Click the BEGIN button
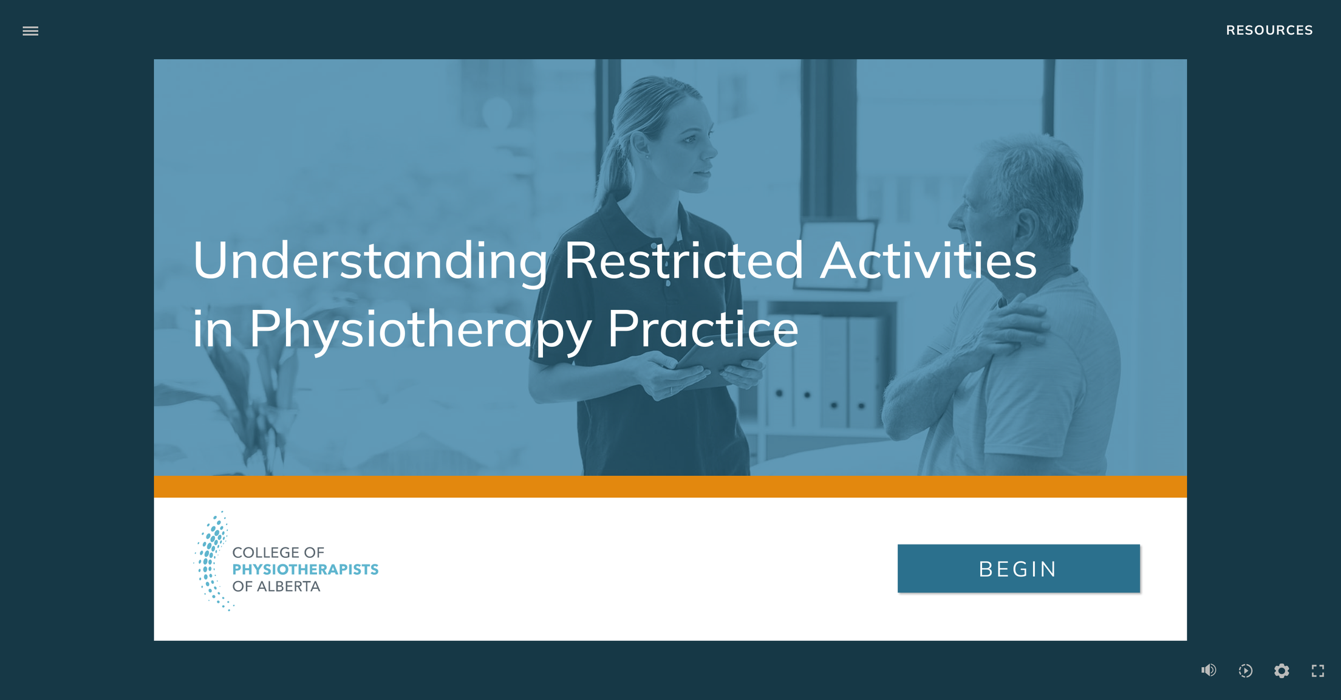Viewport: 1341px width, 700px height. (1019, 569)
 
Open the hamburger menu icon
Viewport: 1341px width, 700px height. (30, 31)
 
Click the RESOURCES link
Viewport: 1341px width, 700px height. (1269, 30)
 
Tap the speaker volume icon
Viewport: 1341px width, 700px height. (1208, 670)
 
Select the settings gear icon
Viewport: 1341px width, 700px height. (1281, 671)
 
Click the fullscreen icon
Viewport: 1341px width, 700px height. (1317, 671)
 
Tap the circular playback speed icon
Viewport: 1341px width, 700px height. (1245, 671)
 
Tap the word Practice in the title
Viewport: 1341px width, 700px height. (703, 329)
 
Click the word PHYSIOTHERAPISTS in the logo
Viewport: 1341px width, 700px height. (305, 569)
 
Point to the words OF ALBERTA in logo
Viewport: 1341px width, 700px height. (276, 586)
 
